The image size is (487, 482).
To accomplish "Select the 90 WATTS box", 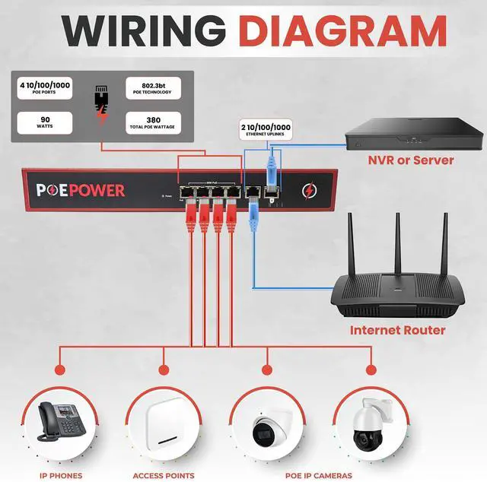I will pyautogui.click(x=44, y=122).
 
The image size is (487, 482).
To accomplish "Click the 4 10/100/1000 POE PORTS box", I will pyautogui.click(x=44, y=90).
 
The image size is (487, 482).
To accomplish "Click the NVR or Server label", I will pyautogui.click(x=410, y=160).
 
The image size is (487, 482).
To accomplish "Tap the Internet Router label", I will pyautogui.click(x=397, y=330).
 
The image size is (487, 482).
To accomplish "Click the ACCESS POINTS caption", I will pyautogui.click(x=164, y=476).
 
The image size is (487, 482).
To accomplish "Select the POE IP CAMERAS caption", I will pyautogui.click(x=319, y=476).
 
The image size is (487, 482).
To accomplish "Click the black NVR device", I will pyautogui.click(x=414, y=134).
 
